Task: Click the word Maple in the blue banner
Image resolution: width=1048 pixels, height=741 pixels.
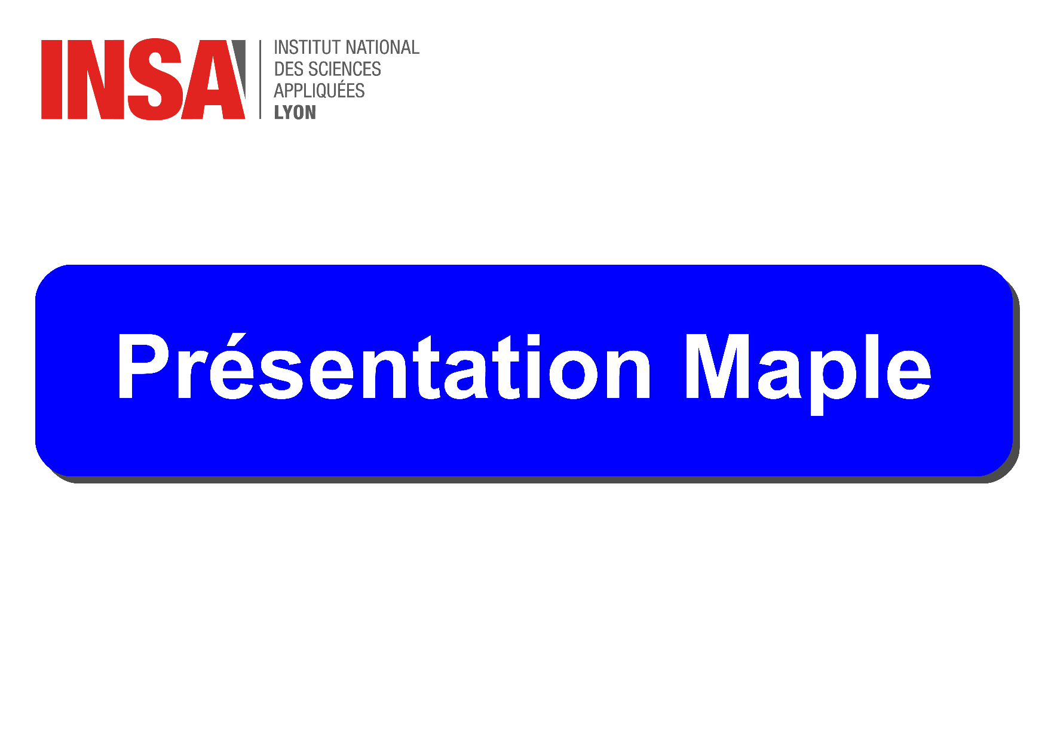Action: coord(808,372)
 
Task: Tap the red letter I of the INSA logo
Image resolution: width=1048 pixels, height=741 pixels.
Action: coord(52,79)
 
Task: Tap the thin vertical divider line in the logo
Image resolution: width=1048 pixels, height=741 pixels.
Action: coord(261,79)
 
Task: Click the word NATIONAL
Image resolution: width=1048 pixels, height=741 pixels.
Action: coord(383,47)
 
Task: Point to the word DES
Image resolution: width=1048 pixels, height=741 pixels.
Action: coord(289,69)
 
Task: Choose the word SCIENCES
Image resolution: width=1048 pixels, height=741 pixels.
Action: coord(345,69)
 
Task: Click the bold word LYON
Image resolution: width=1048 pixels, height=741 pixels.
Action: coord(295,112)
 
